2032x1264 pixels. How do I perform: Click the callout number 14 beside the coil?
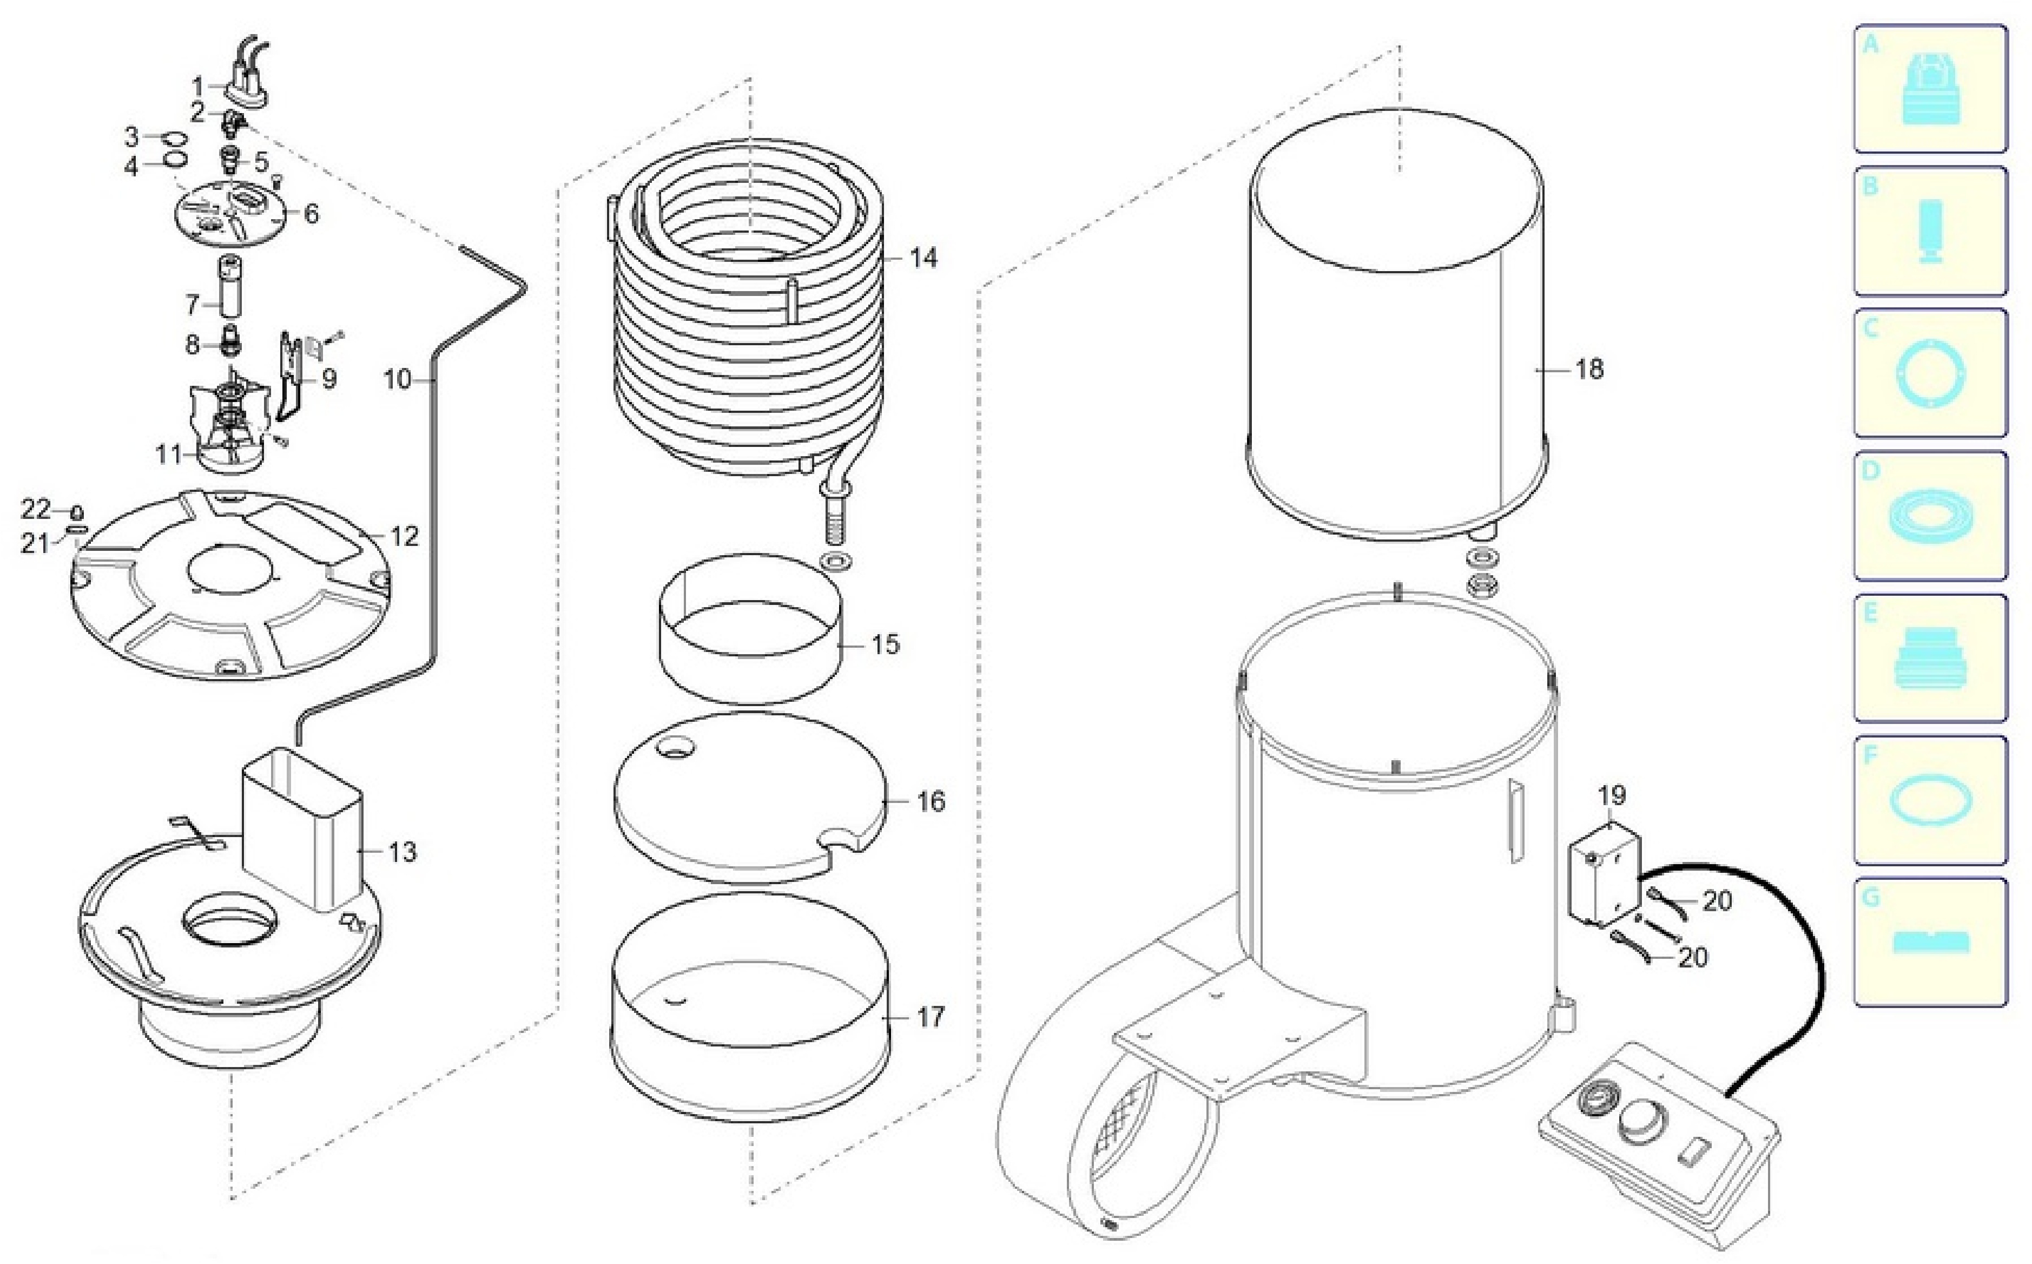(923, 258)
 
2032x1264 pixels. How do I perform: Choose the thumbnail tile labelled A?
(1930, 89)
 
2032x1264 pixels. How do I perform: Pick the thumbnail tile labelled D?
(1930, 516)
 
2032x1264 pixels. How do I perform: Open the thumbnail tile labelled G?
(1930, 942)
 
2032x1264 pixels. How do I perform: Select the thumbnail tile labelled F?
(1930, 800)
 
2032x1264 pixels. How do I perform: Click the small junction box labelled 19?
(1603, 873)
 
